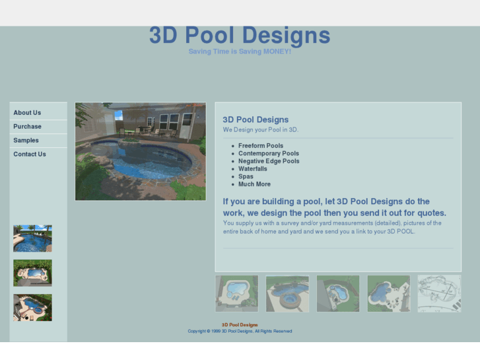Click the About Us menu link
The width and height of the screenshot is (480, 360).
(x=27, y=113)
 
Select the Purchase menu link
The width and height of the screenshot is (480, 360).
(x=27, y=127)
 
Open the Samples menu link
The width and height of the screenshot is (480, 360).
(x=26, y=141)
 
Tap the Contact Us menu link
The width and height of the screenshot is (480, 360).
(x=30, y=155)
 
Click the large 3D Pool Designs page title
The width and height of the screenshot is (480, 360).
(x=239, y=35)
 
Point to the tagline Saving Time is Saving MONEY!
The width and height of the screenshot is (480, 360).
(x=239, y=52)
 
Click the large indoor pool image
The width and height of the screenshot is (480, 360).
(x=140, y=151)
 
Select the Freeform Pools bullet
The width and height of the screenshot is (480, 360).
(x=261, y=146)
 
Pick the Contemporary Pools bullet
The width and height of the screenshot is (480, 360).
(x=269, y=154)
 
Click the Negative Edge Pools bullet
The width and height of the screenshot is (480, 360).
(x=269, y=161)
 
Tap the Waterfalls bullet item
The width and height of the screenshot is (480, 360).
(x=253, y=169)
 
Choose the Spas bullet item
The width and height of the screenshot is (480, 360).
(x=246, y=177)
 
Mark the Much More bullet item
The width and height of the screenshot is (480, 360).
(x=254, y=184)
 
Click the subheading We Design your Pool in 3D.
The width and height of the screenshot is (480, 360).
(x=260, y=129)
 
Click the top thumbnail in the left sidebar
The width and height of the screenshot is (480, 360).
(x=32, y=238)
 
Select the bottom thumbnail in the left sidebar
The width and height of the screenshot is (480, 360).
(x=32, y=308)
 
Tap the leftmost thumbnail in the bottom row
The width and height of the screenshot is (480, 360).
(x=236, y=293)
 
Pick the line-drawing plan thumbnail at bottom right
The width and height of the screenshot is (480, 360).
(x=439, y=293)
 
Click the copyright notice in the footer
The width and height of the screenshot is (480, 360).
(x=240, y=332)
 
